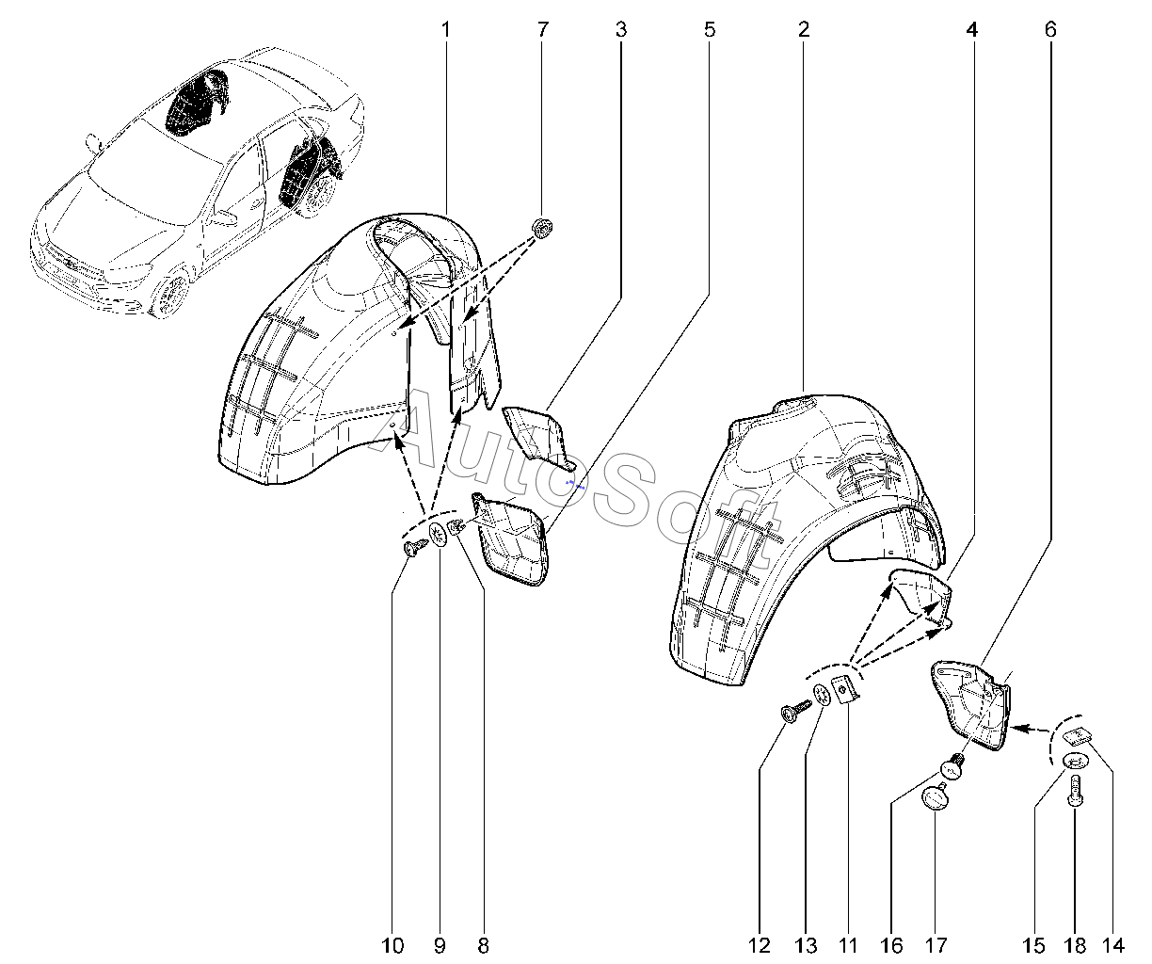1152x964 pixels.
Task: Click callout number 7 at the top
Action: (x=542, y=29)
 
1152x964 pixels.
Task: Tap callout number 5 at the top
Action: (x=709, y=29)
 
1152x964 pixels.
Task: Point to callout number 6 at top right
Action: (x=1049, y=29)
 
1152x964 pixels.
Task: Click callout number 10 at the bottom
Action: (x=393, y=944)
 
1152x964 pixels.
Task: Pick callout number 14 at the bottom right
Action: (x=1115, y=944)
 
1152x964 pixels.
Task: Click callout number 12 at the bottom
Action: (x=760, y=944)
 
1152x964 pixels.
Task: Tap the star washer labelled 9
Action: (x=440, y=537)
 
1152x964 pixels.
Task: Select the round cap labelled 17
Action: (x=934, y=798)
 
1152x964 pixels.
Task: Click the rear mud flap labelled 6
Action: (x=972, y=704)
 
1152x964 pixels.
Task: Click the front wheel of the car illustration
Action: (x=170, y=292)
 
